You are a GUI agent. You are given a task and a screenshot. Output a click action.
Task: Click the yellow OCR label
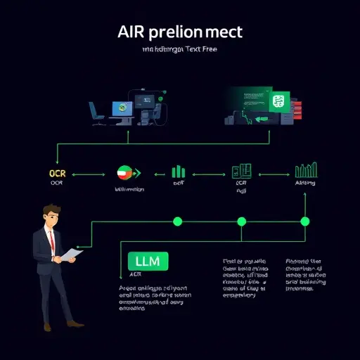pos(56,172)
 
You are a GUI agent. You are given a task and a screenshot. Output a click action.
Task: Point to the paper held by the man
pos(70,254)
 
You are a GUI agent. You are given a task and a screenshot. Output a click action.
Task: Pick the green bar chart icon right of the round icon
pos(178,172)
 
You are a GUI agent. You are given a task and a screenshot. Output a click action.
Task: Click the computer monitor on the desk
pos(121,108)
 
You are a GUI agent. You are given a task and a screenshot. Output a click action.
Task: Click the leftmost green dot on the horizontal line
pos(177,221)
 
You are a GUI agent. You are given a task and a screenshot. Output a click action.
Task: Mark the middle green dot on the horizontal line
pos(241,221)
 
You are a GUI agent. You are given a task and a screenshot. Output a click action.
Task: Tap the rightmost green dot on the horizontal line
pos(304,221)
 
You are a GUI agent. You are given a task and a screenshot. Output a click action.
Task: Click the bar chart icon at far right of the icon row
pos(304,170)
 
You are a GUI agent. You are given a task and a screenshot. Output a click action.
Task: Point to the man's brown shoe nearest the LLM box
pos(77,324)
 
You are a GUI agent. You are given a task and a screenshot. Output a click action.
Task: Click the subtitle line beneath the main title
pos(180,50)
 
